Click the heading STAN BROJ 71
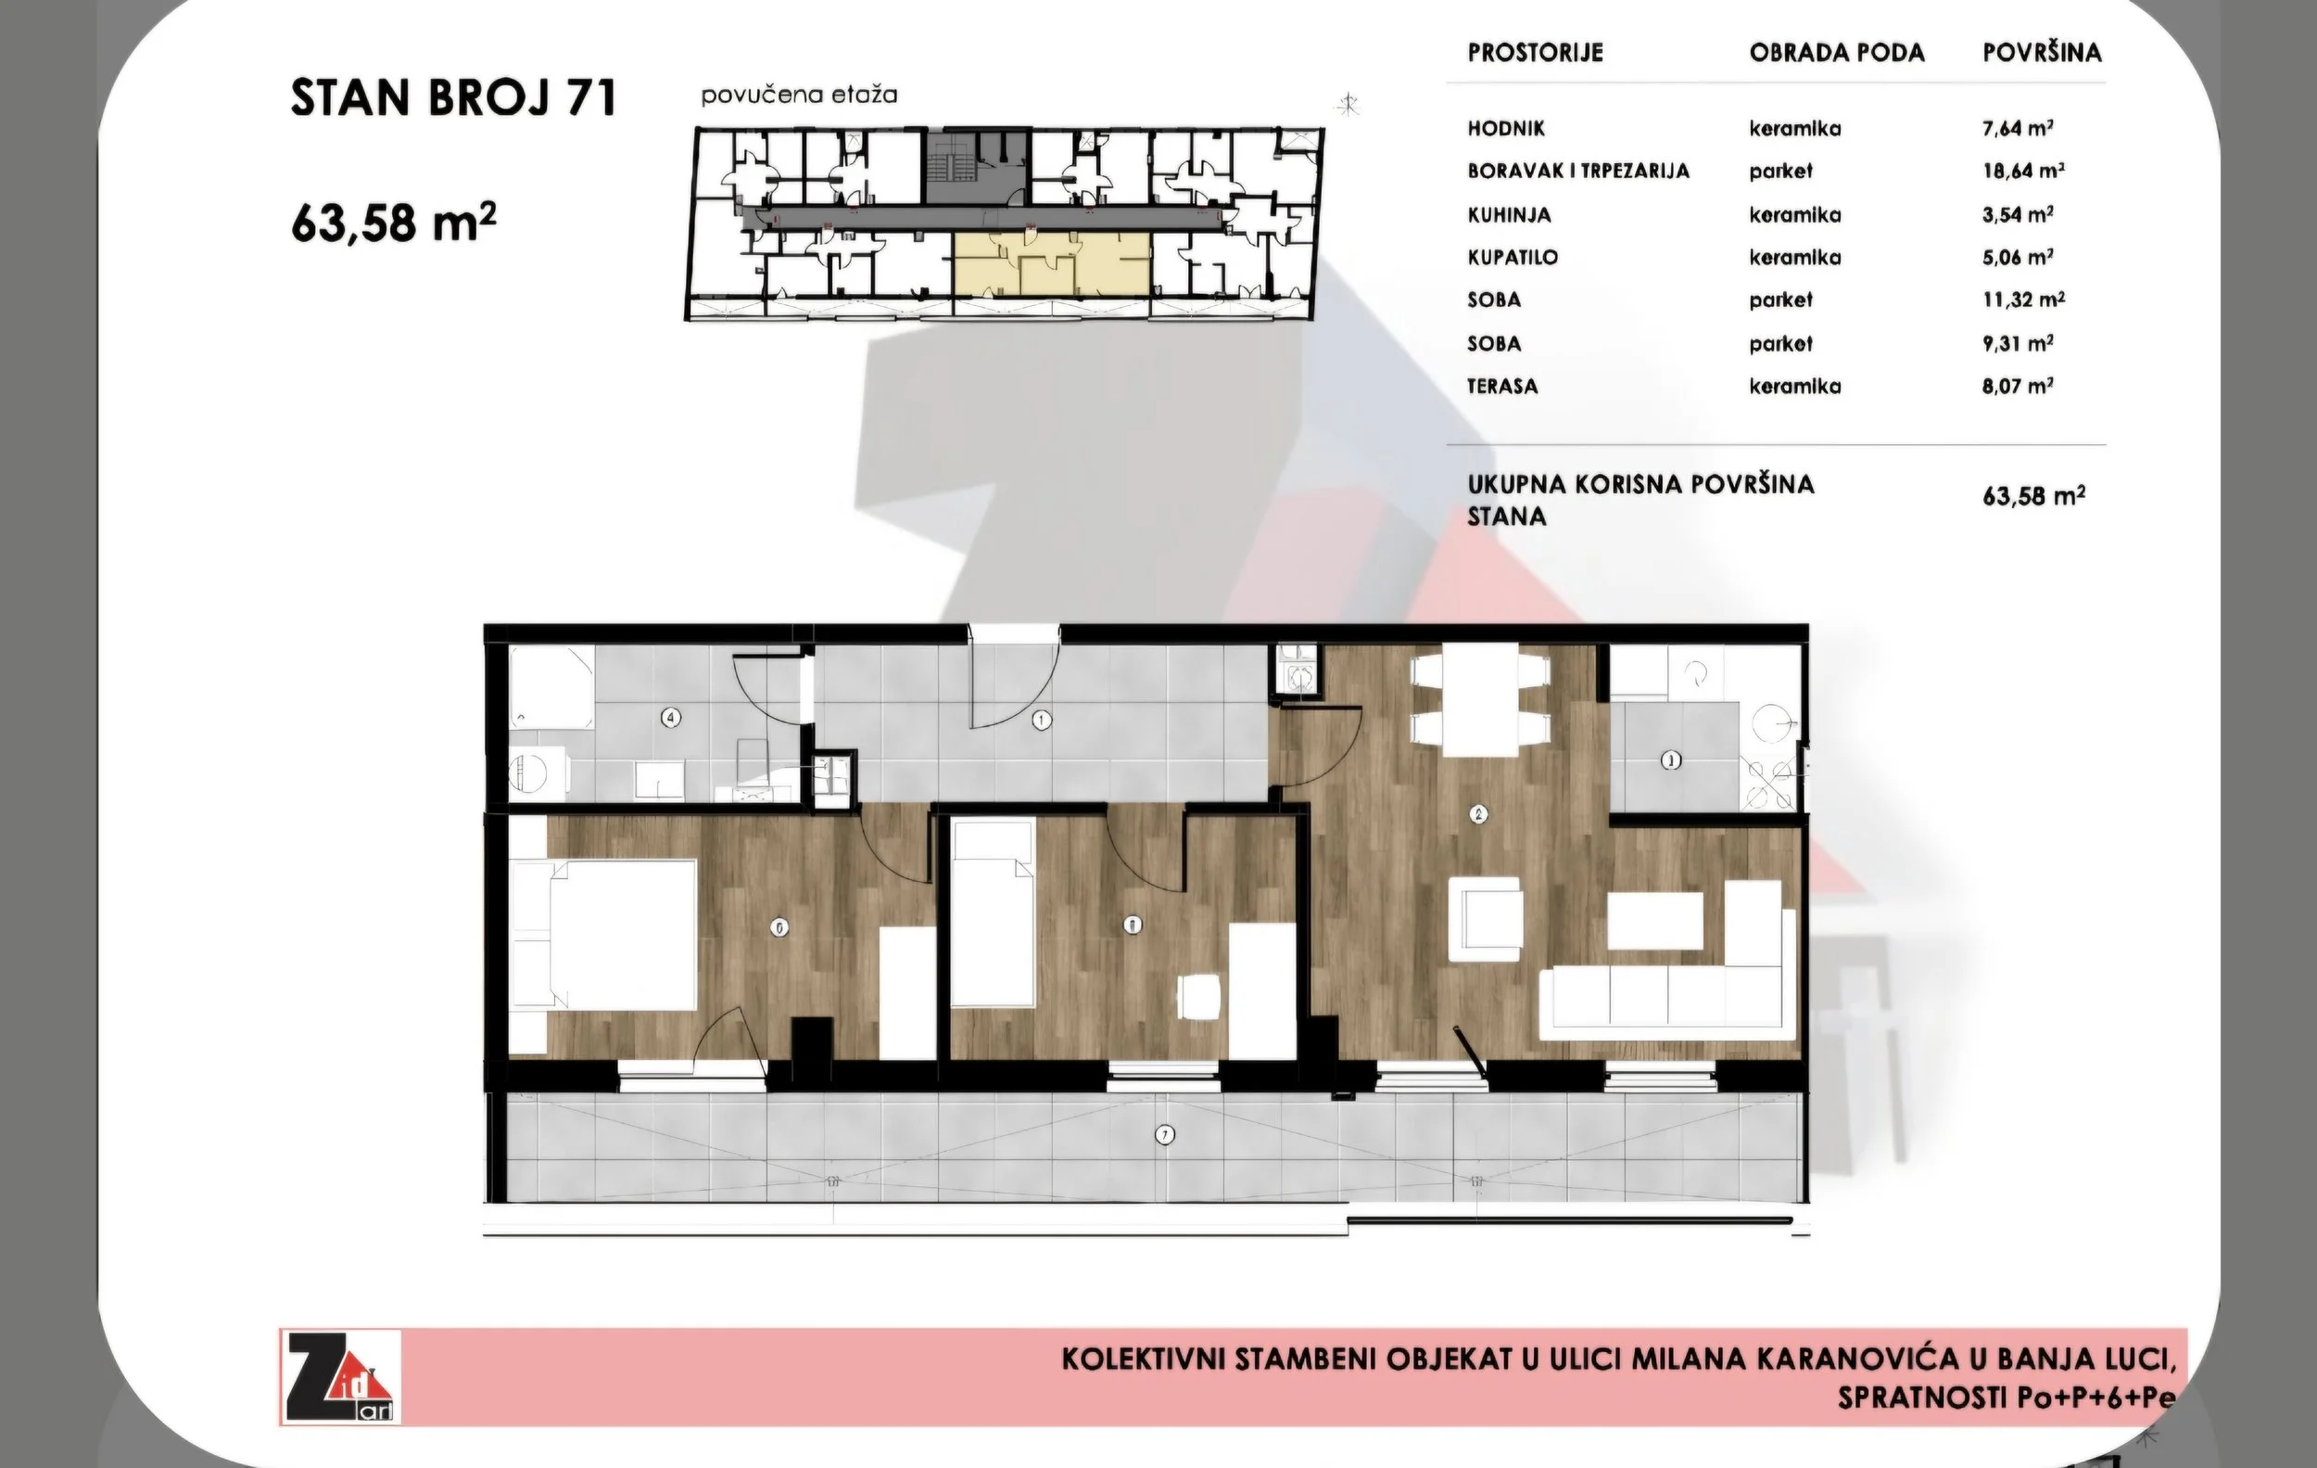click(x=453, y=98)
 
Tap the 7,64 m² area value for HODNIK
click(x=2018, y=127)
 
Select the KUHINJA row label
click(x=1509, y=214)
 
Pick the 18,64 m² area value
click(x=2023, y=171)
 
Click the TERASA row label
click(x=1502, y=386)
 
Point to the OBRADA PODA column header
click(x=1837, y=53)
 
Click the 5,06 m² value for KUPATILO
click(x=2018, y=257)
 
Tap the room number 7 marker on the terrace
click(x=1165, y=1135)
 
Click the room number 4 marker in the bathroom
click(x=672, y=717)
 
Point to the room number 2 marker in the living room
click(x=1479, y=814)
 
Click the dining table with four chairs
click(x=1479, y=703)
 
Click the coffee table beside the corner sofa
click(x=1656, y=920)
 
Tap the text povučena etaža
click(x=799, y=96)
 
